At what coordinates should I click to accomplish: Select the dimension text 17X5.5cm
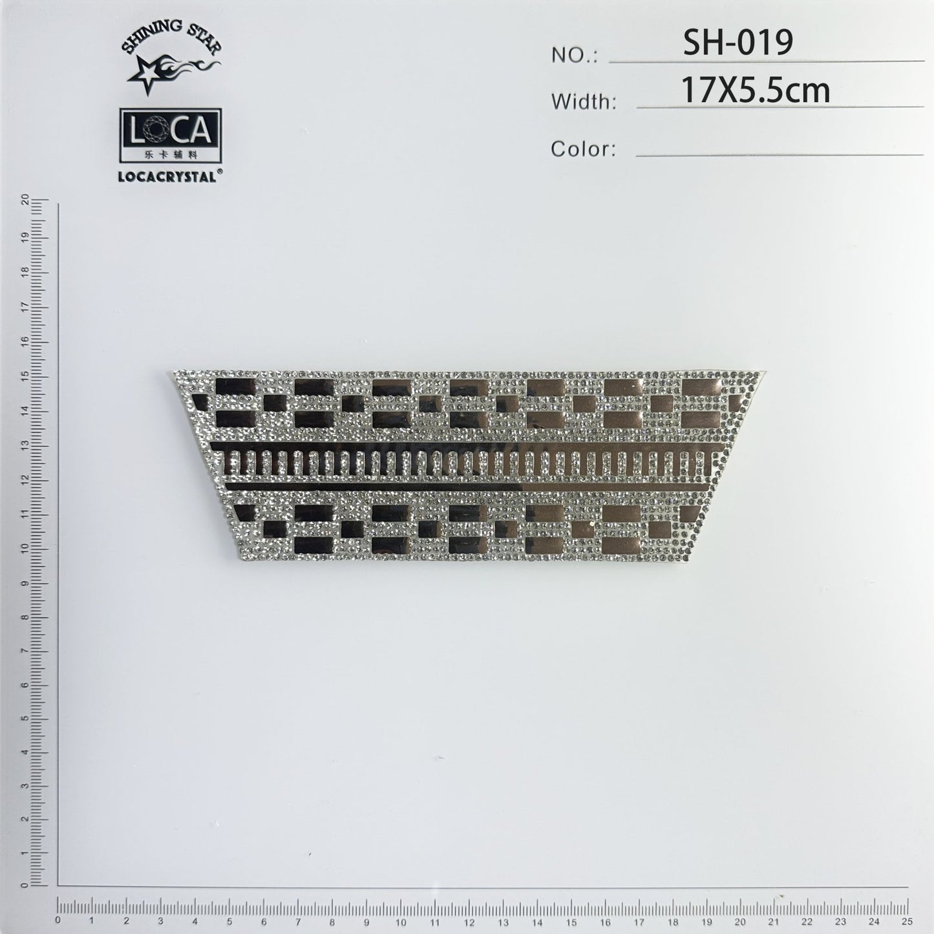pyautogui.click(x=756, y=90)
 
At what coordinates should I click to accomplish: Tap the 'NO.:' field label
pyautogui.click(x=574, y=56)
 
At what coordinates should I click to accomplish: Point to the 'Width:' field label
pyautogui.click(x=583, y=102)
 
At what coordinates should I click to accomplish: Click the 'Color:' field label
pyautogui.click(x=583, y=149)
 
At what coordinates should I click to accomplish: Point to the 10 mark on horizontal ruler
pyautogui.click(x=400, y=920)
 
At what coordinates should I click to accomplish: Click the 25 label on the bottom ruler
pyautogui.click(x=906, y=920)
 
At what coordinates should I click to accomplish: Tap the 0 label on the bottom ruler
pyautogui.click(x=59, y=920)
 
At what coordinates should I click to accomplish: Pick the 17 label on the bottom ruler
pyautogui.click(x=638, y=920)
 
